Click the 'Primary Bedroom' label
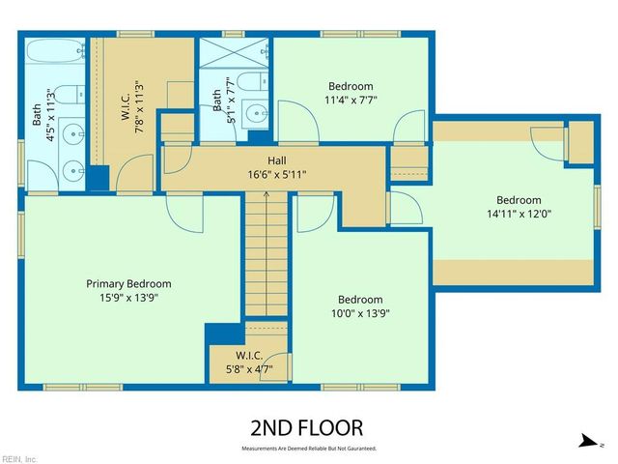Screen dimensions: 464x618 click(128, 283)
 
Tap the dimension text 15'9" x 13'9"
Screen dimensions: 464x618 click(128, 298)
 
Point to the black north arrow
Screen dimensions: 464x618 click(586, 441)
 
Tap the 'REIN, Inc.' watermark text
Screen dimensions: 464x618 click(19, 458)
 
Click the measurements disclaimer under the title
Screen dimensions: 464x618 click(308, 449)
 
